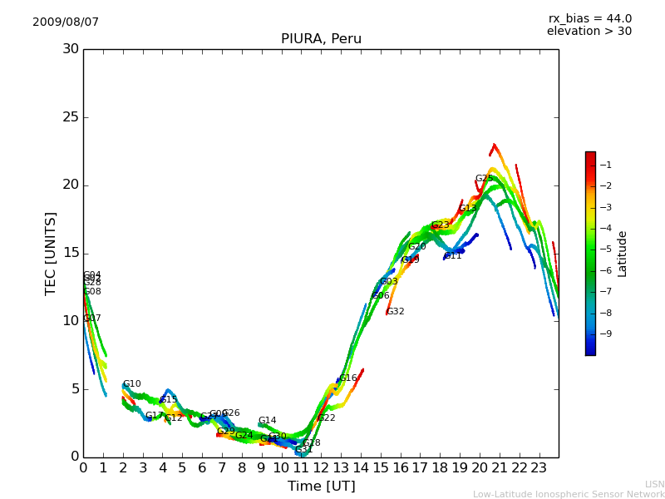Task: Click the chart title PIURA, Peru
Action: (x=321, y=39)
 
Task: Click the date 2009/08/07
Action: (x=66, y=22)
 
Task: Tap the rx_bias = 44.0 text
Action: (x=589, y=19)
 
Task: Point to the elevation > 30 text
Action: (x=589, y=32)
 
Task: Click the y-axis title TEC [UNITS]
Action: (x=51, y=253)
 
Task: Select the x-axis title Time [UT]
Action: (x=321, y=487)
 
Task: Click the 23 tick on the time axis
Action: (x=539, y=468)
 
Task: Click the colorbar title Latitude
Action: (x=623, y=254)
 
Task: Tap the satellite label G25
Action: (x=485, y=179)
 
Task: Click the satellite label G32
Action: (x=396, y=312)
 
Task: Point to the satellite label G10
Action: (x=132, y=384)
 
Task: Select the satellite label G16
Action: (x=348, y=378)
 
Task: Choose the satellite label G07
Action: (x=92, y=319)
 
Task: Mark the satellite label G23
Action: (x=441, y=225)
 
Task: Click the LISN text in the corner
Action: (x=654, y=484)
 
